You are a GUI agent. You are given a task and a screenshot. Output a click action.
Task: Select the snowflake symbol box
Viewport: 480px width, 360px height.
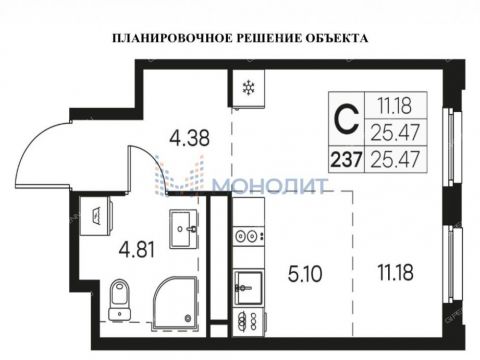tap(244, 88)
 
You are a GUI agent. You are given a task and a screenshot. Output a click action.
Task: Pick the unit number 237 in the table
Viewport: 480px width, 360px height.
tap(344, 155)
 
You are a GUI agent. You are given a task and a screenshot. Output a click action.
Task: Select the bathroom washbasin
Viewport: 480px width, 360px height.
tap(183, 228)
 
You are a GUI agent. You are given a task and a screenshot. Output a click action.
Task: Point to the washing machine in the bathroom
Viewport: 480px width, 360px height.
tap(97, 209)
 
